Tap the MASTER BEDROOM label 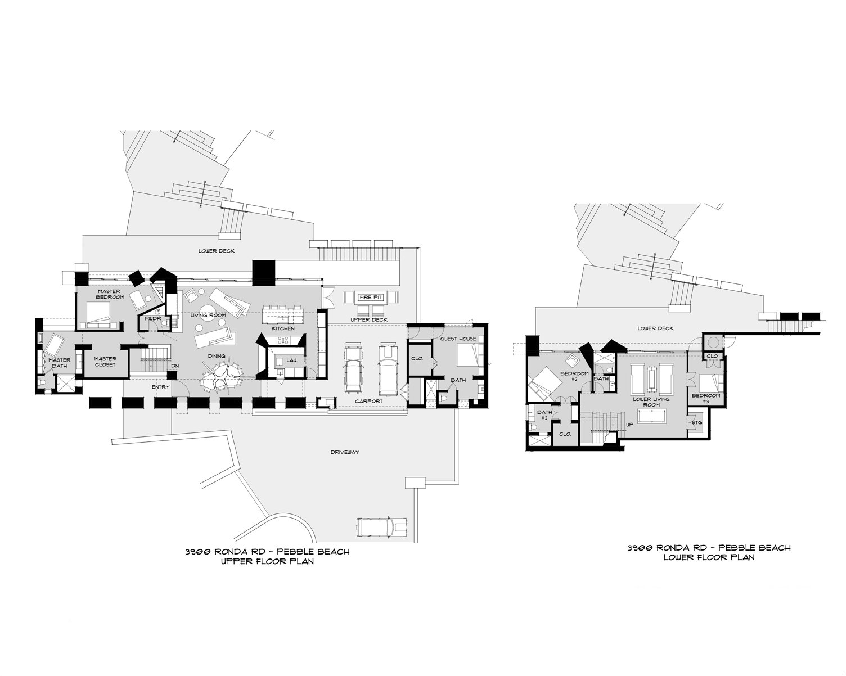point(110,294)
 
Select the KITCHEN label point(283,328)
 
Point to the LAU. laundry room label point(292,360)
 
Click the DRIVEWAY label point(345,452)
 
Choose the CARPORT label point(369,401)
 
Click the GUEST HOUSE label point(458,339)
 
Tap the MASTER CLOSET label point(105,362)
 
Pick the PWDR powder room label point(153,318)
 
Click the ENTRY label point(161,387)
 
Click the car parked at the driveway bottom point(382,526)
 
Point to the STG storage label point(696,422)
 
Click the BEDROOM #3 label point(706,398)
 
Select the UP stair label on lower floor point(629,425)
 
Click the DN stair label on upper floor point(175,366)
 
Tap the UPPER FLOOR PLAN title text point(267,561)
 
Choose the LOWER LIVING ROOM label point(651,402)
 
